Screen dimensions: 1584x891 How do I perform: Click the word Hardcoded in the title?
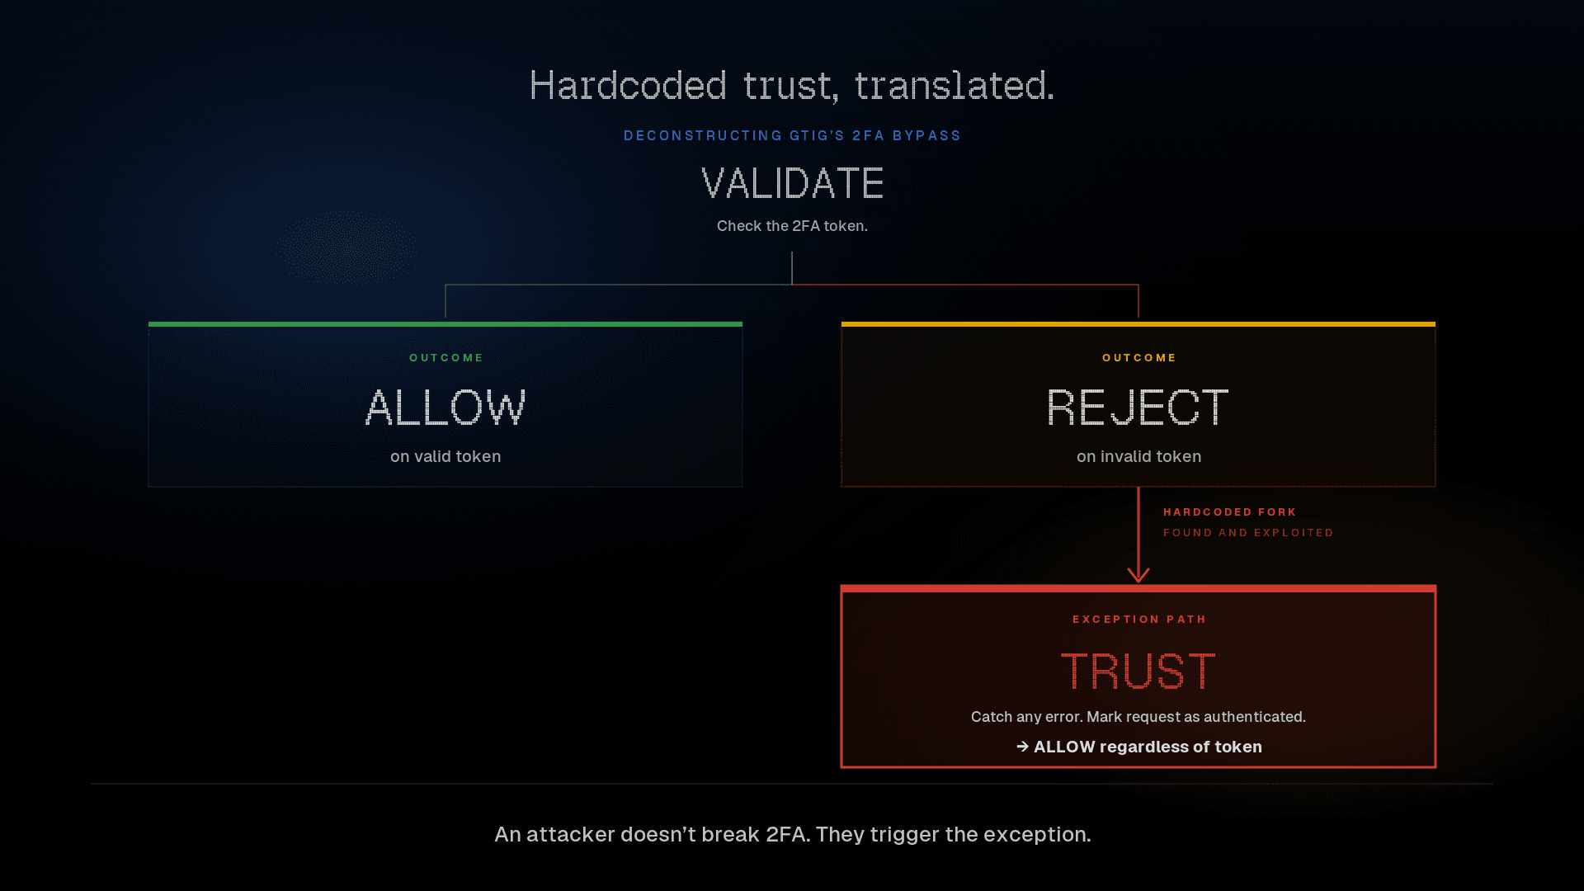point(629,86)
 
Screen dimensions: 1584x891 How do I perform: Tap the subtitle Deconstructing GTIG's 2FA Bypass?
point(792,135)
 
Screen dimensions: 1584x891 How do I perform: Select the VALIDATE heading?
point(792,183)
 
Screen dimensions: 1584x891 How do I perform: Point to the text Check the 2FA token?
point(792,226)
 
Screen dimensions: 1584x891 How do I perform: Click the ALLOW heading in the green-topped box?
point(445,408)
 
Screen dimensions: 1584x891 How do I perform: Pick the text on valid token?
point(445,456)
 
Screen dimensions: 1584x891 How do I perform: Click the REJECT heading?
point(1138,408)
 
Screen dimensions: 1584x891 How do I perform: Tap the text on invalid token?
point(1138,456)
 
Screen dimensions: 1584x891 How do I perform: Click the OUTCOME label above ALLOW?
point(446,357)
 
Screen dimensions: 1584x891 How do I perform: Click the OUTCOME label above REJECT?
point(1139,357)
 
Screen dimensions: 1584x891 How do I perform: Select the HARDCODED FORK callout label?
point(1229,512)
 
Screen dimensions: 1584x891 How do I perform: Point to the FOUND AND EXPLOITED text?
point(1248,533)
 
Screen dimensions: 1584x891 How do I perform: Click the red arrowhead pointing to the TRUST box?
point(1138,574)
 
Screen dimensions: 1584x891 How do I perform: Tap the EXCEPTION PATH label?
point(1139,619)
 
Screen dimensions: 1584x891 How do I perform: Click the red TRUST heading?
point(1138,672)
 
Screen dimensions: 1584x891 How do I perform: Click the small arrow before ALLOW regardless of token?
point(1023,747)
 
